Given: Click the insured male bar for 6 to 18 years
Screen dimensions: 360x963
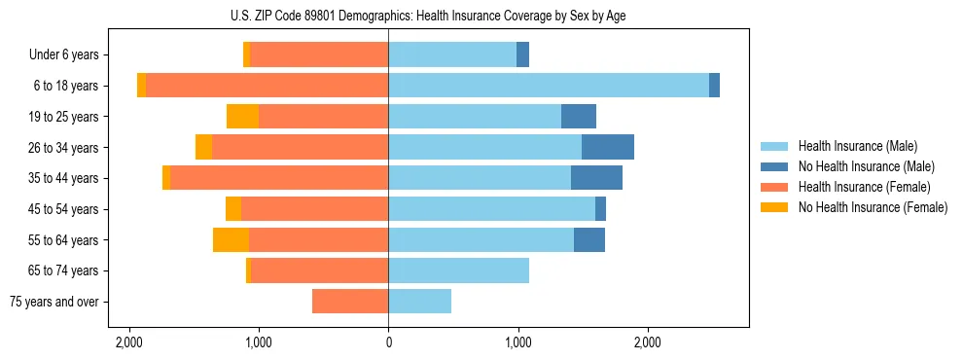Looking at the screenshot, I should [549, 86].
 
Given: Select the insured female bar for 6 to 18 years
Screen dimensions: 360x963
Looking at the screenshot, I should [267, 86].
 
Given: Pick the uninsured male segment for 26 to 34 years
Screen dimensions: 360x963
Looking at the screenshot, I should [608, 147].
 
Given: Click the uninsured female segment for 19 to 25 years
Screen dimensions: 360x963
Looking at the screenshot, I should [242, 117].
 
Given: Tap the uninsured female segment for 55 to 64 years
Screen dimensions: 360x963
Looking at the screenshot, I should [231, 239].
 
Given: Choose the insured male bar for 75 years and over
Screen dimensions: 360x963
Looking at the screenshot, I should [420, 302].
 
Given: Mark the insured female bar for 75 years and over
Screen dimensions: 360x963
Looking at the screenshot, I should [350, 302].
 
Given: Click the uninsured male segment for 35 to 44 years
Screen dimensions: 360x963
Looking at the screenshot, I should [596, 178].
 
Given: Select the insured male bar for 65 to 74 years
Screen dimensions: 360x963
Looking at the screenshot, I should [459, 270].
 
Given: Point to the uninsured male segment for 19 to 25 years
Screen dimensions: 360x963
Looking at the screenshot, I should [579, 117].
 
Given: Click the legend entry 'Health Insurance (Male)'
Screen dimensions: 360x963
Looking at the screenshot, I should [857, 146].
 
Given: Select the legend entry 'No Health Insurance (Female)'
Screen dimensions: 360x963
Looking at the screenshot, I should [873, 207].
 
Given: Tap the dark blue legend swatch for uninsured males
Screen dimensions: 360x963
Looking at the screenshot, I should [774, 166].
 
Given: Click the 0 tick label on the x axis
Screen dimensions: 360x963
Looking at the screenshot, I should [388, 342].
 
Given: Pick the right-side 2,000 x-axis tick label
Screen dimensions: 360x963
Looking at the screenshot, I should [648, 342].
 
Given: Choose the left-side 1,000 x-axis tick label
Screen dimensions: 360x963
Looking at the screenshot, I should [259, 342].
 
